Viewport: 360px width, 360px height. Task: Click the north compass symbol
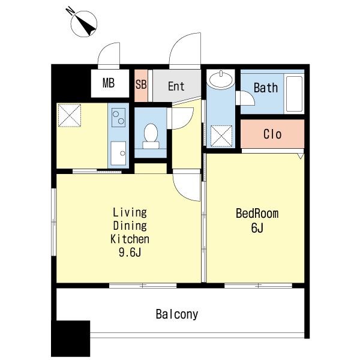coord(83,23)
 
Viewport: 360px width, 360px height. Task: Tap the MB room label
coord(109,83)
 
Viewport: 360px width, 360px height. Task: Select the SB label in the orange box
coord(141,84)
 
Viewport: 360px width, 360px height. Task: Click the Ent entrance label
coord(176,86)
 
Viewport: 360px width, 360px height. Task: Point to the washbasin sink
coord(221,79)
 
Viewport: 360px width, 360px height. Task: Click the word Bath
coord(266,88)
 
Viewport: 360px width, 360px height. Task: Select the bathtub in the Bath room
coord(295,94)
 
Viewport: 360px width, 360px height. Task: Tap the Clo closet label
coord(272,134)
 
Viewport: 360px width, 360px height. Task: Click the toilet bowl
coord(151,136)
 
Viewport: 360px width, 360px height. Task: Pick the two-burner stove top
coord(118,118)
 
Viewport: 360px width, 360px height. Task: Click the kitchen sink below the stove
coord(118,153)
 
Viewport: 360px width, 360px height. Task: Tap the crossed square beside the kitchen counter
coord(70,115)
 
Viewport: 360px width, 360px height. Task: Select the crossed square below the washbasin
coord(221,136)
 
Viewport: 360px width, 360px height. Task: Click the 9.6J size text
coord(130,253)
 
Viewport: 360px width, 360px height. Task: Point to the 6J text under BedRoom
coord(257,228)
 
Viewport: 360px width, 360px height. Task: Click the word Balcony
coord(177,314)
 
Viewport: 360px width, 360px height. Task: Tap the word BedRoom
coord(257,214)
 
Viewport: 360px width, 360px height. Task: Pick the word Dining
coord(130,226)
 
